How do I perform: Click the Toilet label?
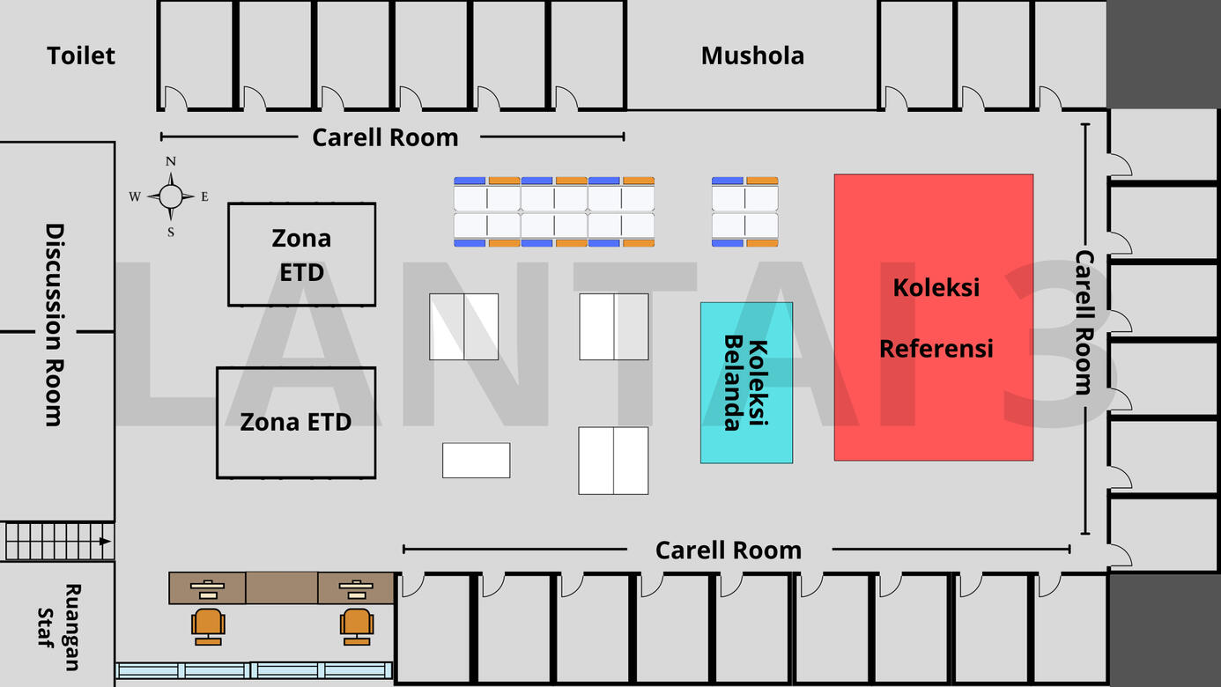(x=81, y=55)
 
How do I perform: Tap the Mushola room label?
(x=752, y=55)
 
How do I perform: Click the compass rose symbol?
(x=170, y=196)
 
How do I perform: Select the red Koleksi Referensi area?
(x=933, y=317)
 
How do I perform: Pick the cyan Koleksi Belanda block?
(x=746, y=383)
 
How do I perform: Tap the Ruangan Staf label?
(x=59, y=626)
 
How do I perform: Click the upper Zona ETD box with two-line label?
(x=301, y=255)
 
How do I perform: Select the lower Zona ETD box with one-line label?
(x=296, y=422)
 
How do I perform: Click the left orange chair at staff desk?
(x=208, y=624)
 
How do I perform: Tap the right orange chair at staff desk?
(x=357, y=624)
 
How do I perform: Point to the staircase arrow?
(x=105, y=542)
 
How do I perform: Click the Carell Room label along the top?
(x=385, y=137)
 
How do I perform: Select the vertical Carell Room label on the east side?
(x=1084, y=322)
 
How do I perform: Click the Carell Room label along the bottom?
(x=728, y=550)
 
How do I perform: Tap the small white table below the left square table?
(x=476, y=460)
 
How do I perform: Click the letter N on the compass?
(x=171, y=161)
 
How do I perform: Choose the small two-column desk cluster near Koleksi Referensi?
(x=744, y=211)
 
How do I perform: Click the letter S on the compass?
(x=171, y=233)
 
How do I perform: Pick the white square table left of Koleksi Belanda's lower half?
(x=613, y=460)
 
